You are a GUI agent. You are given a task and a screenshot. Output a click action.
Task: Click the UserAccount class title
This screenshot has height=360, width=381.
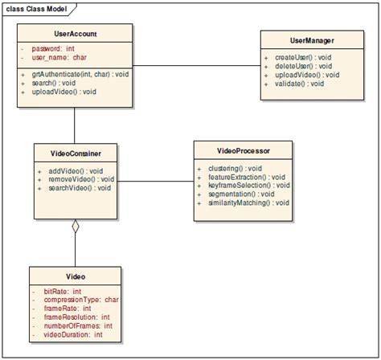pyautogui.click(x=75, y=35)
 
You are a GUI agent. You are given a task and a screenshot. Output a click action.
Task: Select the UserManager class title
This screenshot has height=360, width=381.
pyautogui.click(x=312, y=39)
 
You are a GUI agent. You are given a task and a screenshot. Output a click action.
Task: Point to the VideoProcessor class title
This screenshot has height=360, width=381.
pyautogui.click(x=244, y=149)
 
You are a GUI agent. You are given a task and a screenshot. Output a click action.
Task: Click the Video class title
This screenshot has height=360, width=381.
pyautogui.click(x=76, y=276)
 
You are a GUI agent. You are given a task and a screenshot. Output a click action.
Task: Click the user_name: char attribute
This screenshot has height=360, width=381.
pyautogui.click(x=59, y=59)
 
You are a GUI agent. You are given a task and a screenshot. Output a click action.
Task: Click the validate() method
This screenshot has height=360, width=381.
pyautogui.click(x=298, y=84)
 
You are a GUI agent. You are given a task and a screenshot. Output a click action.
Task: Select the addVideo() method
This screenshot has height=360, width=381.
pyautogui.click(x=75, y=171)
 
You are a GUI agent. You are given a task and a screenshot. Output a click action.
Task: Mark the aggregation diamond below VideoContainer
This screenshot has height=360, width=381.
pyautogui.click(x=76, y=227)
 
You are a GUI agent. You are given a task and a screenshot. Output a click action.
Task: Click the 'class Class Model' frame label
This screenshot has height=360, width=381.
pyautogui.click(x=37, y=9)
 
